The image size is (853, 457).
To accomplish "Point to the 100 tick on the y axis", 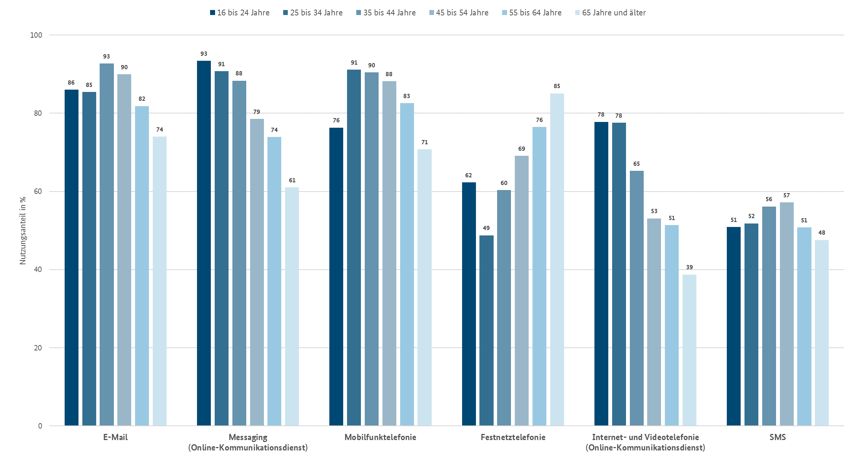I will pyautogui.click(x=36, y=35).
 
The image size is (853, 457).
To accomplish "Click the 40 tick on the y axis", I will pyautogui.click(x=38, y=269).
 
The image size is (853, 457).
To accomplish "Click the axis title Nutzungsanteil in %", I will pyautogui.click(x=23, y=230).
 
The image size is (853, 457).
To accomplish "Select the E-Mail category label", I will pyautogui.click(x=115, y=437).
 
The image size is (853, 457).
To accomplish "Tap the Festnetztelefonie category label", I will pyautogui.click(x=513, y=437).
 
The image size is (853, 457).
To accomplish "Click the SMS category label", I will pyautogui.click(x=778, y=437).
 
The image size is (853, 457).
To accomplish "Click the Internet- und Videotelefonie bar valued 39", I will pyautogui.click(x=689, y=350).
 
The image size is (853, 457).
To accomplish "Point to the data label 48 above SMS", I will pyautogui.click(x=822, y=233).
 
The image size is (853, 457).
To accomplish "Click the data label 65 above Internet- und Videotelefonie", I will pyautogui.click(x=636, y=164).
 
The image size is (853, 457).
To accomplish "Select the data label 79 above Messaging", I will pyautogui.click(x=257, y=112).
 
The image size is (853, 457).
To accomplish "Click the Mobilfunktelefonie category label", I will pyautogui.click(x=380, y=437).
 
